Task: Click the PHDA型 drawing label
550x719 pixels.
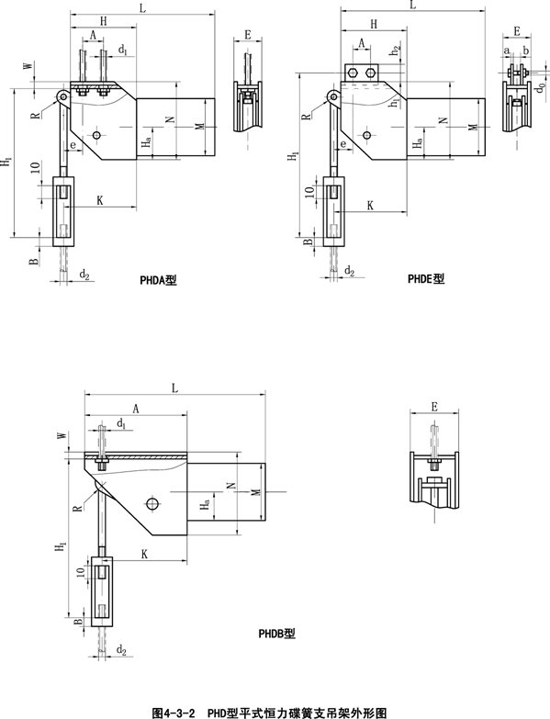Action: point(158,280)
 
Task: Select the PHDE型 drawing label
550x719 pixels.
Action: point(426,278)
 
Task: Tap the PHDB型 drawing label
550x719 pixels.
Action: point(276,634)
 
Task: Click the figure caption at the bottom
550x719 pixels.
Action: point(269,713)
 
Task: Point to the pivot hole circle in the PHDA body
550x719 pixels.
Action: point(96,135)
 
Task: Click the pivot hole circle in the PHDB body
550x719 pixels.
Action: point(153,503)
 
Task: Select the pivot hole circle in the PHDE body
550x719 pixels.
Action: point(366,135)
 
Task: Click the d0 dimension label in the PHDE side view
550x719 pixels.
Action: point(542,85)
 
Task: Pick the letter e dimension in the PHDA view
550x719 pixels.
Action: point(73,145)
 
